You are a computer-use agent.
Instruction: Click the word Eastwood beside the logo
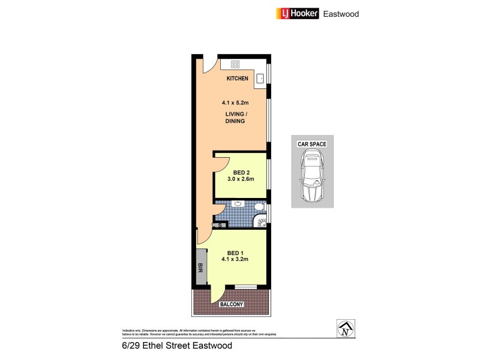click(341, 14)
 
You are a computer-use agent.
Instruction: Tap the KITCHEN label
click(238, 79)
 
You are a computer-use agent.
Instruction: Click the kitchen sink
click(261, 78)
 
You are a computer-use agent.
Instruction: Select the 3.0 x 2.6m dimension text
click(240, 179)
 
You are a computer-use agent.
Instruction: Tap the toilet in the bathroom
click(259, 207)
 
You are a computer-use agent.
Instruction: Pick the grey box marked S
click(220, 226)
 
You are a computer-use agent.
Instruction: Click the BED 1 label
click(235, 253)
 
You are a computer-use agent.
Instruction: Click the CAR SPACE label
click(311, 145)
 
